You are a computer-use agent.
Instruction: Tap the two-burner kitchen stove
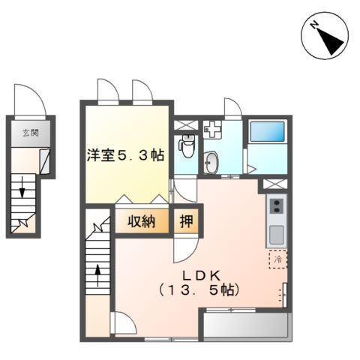275,205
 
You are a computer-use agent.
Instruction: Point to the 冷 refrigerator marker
277,259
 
